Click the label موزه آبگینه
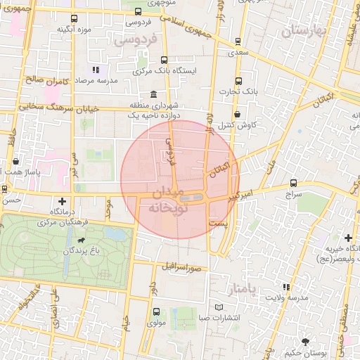coord(73,30)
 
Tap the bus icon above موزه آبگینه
coord(74,19)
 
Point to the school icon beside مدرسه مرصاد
coord(96,70)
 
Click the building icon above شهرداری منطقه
coord(154,94)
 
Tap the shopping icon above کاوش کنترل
coord(237,114)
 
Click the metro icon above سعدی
coord(238,41)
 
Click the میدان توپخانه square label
coord(167,200)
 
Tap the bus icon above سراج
coord(293,183)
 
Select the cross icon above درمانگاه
coord(63,201)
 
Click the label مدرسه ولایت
coord(285,297)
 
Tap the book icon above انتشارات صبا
coord(219,307)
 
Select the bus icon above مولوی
coord(155,312)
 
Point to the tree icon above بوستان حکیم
coord(304,341)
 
